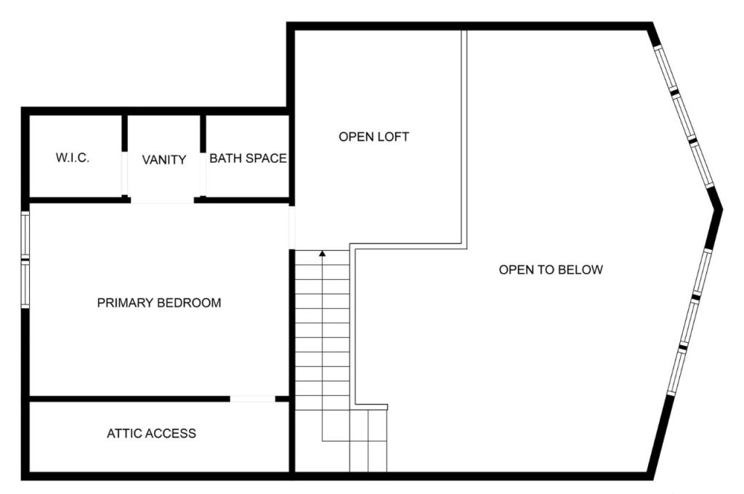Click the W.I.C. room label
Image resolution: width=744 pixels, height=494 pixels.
(73, 158)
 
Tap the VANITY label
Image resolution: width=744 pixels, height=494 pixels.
(163, 160)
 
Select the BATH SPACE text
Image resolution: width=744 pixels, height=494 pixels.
(248, 158)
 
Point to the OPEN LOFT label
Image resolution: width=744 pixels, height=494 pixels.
(373, 137)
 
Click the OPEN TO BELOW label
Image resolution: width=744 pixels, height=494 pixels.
(551, 270)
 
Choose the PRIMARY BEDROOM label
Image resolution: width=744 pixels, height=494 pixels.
(158, 303)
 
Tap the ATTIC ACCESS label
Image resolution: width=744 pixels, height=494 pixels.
(151, 434)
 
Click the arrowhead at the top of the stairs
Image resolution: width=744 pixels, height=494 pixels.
(323, 254)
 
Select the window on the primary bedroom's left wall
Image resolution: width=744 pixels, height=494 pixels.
(25, 259)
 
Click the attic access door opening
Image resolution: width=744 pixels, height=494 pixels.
(253, 399)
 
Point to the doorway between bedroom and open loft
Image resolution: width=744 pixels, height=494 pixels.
(292, 227)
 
